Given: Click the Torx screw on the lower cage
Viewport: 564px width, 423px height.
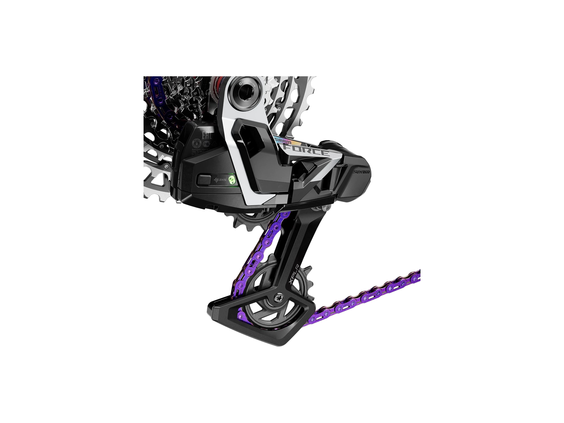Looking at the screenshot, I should (x=278, y=298).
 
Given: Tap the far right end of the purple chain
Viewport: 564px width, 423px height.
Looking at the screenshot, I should (x=418, y=274).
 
